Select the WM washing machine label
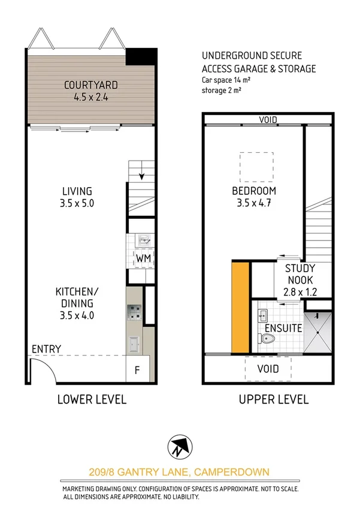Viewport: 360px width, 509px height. pyautogui.click(x=143, y=258)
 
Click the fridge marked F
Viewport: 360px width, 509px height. pyautogui.click(x=137, y=370)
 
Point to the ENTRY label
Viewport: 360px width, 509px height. pyautogui.click(x=46, y=349)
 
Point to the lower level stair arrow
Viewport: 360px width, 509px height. pyautogui.click(x=143, y=174)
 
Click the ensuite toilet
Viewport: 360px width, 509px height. pyautogui.click(x=268, y=339)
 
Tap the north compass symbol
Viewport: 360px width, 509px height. pyautogui.click(x=180, y=445)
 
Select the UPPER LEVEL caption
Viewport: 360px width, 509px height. pyautogui.click(x=274, y=399)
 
